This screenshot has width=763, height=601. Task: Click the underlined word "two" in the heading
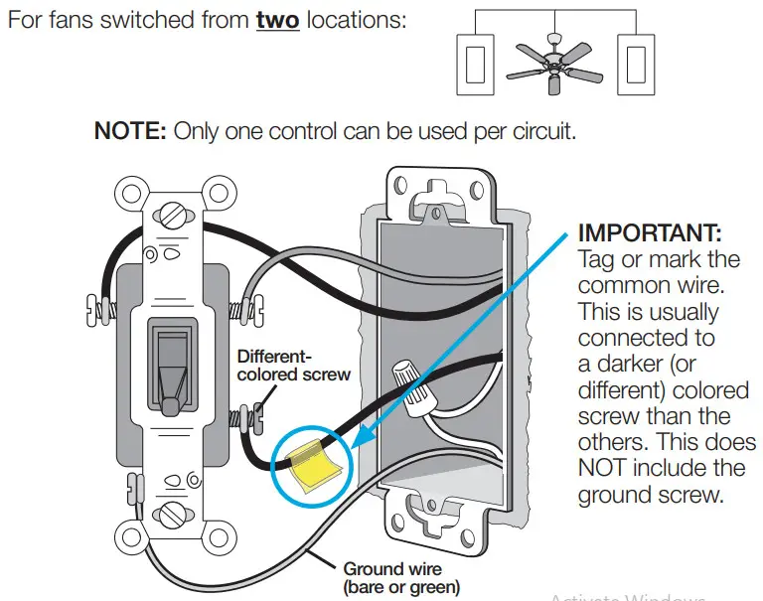click(277, 20)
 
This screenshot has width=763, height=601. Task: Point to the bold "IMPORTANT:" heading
click(650, 234)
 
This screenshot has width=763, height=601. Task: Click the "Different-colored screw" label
click(293, 365)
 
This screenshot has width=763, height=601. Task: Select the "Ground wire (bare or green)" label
click(401, 578)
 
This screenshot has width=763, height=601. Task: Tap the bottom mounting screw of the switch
click(175, 514)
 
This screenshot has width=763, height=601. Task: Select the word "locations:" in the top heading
click(356, 20)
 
